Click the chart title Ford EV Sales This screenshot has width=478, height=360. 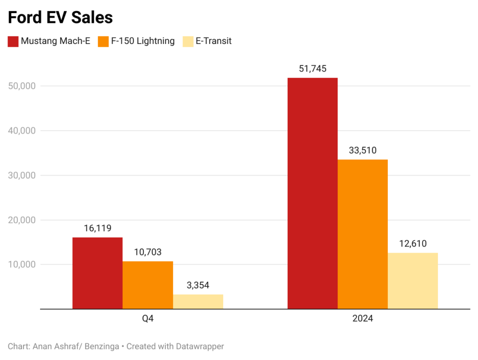point(60,17)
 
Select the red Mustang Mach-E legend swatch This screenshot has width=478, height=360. point(13,41)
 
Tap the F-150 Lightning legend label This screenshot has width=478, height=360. point(142,41)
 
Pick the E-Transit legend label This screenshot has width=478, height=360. point(214,41)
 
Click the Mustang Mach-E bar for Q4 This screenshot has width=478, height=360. point(98,273)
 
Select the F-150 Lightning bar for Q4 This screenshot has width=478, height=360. point(148,285)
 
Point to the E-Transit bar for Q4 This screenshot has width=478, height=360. point(198,302)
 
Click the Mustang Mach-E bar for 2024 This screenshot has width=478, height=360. point(312,193)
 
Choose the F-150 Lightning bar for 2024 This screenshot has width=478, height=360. point(363,234)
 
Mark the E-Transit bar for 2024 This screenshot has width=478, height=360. point(413,281)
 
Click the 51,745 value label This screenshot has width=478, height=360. point(312,69)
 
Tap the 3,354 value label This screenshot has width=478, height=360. point(198,286)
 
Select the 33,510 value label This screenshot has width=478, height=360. point(363,151)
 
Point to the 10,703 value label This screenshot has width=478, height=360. point(148,253)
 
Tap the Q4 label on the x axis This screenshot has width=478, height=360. point(148,319)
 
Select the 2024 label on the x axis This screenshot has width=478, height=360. point(363,319)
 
